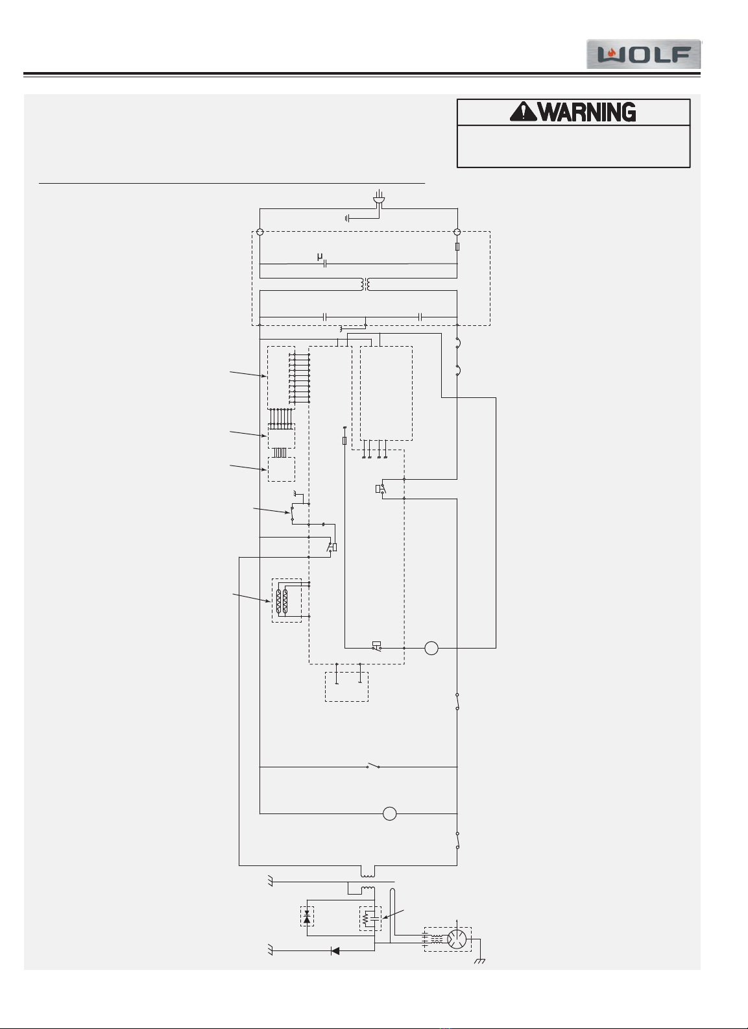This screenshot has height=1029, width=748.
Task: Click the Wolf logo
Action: [644, 55]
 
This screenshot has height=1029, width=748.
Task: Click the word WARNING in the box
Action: [587, 112]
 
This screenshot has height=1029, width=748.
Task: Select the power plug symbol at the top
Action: [380, 197]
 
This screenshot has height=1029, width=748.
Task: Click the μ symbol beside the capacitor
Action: [320, 257]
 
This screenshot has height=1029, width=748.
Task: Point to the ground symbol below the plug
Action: [348, 219]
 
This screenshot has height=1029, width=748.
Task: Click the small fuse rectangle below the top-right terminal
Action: [457, 247]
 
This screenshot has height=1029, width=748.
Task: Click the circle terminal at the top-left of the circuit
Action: [259, 232]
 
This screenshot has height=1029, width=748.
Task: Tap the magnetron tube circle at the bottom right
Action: [457, 939]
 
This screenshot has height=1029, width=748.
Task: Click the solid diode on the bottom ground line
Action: [335, 951]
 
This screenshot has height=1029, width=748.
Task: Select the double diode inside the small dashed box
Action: [307, 917]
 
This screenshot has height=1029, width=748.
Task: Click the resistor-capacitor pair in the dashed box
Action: [370, 919]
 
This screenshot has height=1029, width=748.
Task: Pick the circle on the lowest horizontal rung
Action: [389, 813]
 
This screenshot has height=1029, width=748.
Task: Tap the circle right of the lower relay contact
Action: [431, 648]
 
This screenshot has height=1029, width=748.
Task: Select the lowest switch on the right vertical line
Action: [457, 840]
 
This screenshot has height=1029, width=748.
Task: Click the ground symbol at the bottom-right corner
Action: [479, 961]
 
